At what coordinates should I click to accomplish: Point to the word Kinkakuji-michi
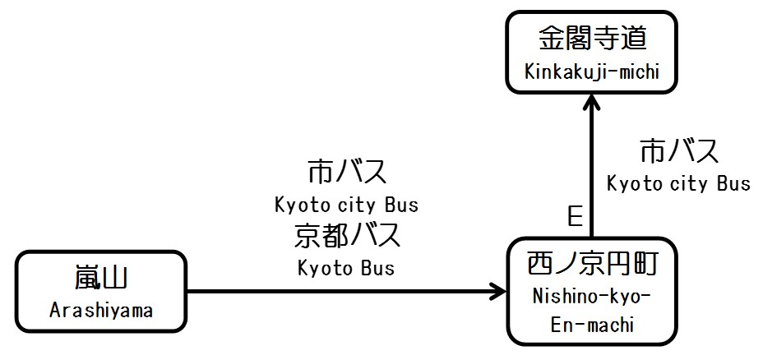(592, 72)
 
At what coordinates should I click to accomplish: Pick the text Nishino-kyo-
(592, 295)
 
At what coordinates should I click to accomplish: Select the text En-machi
(592, 325)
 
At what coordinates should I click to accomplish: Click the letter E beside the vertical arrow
(575, 216)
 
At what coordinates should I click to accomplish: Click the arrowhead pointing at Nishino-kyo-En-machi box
(498, 290)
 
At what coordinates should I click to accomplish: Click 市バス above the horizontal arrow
(346, 173)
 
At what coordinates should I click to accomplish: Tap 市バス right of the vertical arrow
(679, 152)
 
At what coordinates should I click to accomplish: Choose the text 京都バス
(346, 236)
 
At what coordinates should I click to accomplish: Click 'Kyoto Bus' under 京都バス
(346, 267)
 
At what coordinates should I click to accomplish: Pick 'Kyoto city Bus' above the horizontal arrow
(346, 203)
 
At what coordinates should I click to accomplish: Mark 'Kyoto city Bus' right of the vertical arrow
(679, 183)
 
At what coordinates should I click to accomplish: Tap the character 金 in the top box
(550, 39)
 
